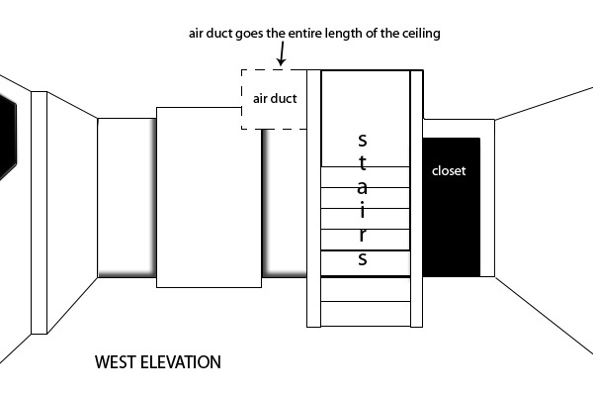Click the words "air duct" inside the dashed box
(x=275, y=99)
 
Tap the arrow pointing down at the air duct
(x=282, y=53)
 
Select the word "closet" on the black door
(x=449, y=171)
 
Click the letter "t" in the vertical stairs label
(x=363, y=163)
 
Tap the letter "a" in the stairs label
(x=363, y=187)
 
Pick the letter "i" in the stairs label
(x=363, y=210)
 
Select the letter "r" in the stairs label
(x=363, y=235)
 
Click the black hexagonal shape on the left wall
(x=8, y=138)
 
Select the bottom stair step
(x=366, y=314)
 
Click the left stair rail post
(x=314, y=198)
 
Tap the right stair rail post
(x=416, y=198)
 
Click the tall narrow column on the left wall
(x=39, y=213)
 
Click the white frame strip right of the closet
(x=487, y=198)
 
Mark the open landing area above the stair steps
(x=366, y=118)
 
